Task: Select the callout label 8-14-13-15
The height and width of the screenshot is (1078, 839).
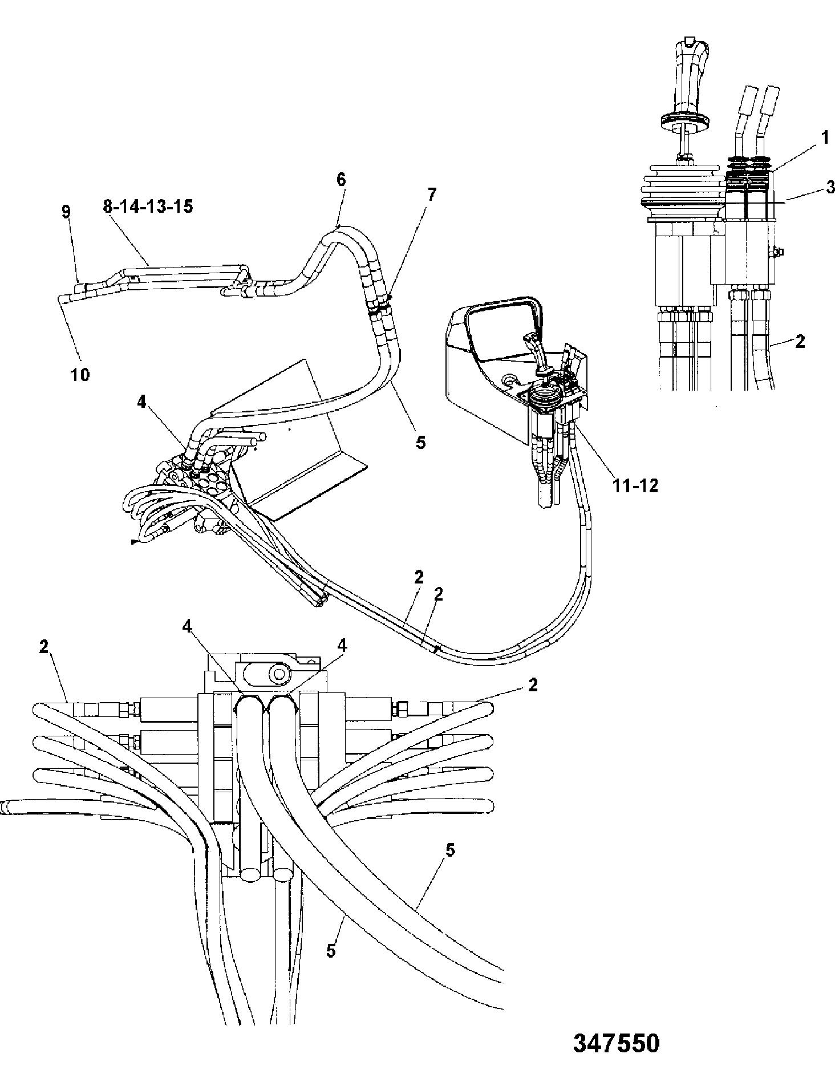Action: [148, 206]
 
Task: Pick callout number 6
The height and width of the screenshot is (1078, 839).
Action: [341, 179]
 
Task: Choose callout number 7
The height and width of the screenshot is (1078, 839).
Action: [431, 194]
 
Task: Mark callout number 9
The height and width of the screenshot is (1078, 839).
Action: [66, 212]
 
